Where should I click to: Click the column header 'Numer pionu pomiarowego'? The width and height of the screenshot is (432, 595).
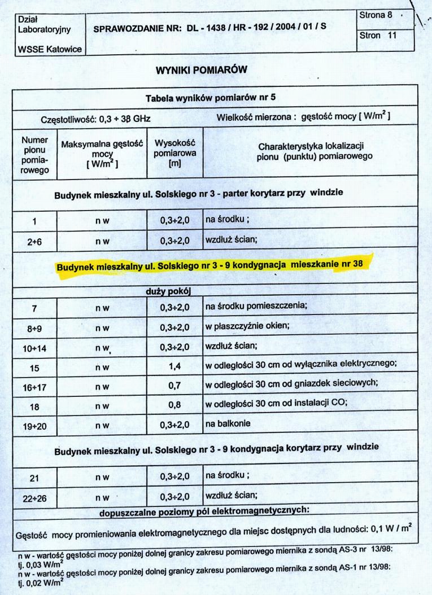[x=35, y=153]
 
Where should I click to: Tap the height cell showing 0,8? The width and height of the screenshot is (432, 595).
[x=174, y=405]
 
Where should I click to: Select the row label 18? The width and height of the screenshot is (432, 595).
[x=34, y=405]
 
